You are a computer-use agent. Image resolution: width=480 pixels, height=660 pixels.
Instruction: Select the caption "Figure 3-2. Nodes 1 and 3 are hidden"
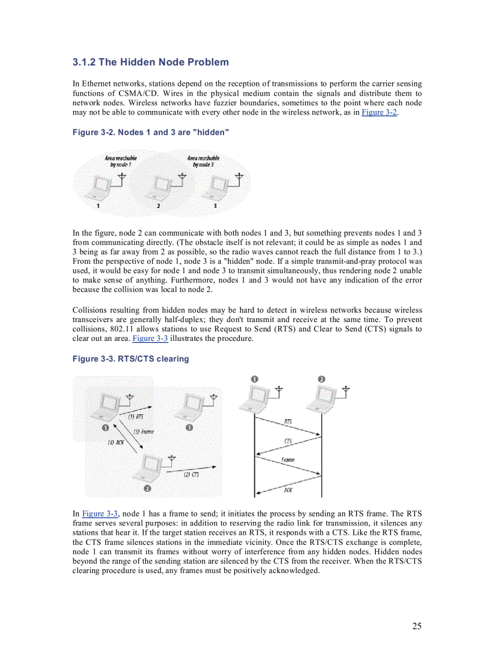[x=150, y=132]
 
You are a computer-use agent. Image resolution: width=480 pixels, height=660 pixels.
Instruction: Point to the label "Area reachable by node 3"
[x=203, y=161]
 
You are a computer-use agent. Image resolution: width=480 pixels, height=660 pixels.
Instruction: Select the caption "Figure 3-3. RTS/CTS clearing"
[x=131, y=359]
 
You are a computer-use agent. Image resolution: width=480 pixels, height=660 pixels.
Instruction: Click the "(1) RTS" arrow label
[x=136, y=417]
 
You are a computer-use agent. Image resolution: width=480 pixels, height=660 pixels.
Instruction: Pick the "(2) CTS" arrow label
[x=191, y=474]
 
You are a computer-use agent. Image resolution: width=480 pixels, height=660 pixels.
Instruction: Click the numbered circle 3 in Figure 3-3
[x=189, y=427]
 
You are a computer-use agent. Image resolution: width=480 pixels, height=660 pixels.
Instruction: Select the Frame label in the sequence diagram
[x=288, y=460]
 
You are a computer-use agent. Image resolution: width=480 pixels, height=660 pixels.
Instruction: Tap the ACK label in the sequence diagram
[x=288, y=490]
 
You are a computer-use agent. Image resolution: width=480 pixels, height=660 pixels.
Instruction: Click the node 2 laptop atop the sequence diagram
[x=324, y=400]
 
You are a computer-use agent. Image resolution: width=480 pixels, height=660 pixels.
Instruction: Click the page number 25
[x=416, y=626]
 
